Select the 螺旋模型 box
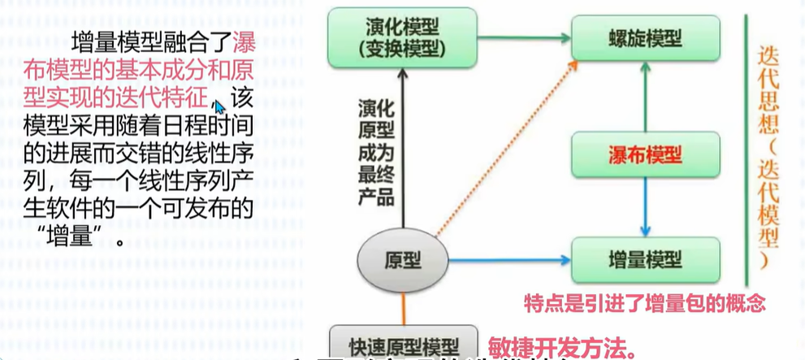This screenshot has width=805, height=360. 646,37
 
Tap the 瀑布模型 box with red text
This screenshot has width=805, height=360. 646,154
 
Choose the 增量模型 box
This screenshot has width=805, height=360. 646,260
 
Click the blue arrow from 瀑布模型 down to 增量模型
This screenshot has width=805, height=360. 646,207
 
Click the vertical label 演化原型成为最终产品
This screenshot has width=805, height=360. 376,151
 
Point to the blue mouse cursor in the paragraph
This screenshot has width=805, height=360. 219,106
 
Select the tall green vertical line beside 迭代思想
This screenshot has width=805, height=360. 745,146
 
